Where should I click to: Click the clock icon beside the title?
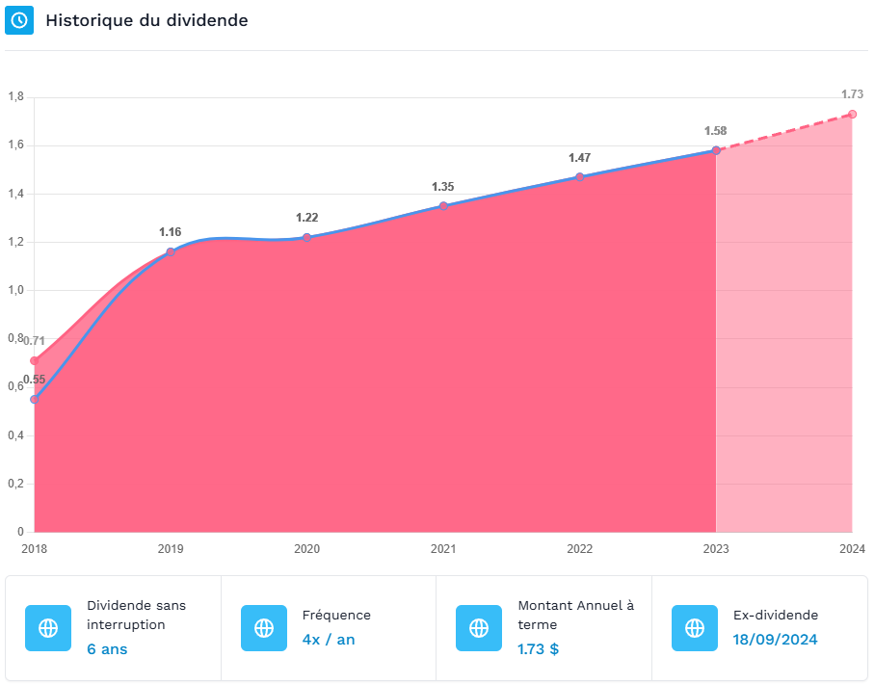pos(19,20)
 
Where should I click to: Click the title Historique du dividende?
pos(146,20)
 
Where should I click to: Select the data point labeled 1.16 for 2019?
pos(171,252)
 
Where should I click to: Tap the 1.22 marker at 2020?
pos(307,238)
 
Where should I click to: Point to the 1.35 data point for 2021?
pos(443,206)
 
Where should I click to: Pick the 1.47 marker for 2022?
pos(580,176)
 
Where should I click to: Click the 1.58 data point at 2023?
pos(716,150)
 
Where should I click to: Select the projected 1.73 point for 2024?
pos(852,115)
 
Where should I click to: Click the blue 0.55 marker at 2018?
pos(35,399)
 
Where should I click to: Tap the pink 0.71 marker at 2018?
pos(35,360)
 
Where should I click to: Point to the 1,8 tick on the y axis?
pos(16,97)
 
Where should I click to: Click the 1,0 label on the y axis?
pos(16,290)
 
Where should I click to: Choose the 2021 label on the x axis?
pos(443,549)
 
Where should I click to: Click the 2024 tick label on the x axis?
pos(852,549)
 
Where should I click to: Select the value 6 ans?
pos(107,649)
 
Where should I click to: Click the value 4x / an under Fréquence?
pos(329,640)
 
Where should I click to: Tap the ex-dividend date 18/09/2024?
pos(776,640)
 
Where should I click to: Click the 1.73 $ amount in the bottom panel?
pos(539,649)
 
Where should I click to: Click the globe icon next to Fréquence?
pos(264,628)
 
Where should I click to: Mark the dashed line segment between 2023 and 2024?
pos(784,132)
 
